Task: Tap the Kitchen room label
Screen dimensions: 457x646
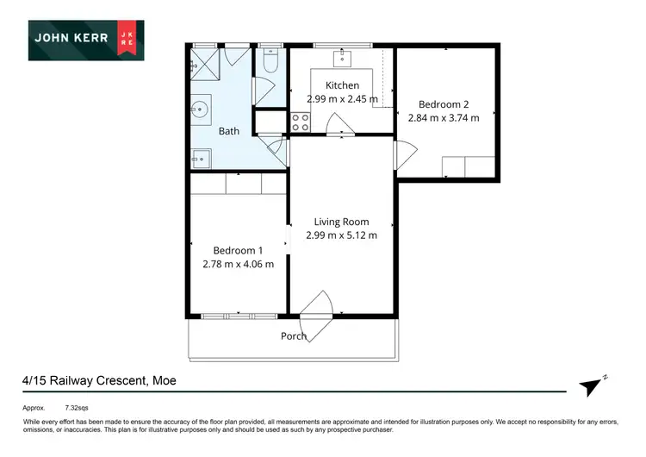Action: (x=342, y=85)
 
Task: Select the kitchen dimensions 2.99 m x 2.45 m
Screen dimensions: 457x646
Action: (x=342, y=99)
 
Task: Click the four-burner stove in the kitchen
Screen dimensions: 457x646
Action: (x=301, y=122)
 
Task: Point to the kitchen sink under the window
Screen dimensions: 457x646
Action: (x=342, y=56)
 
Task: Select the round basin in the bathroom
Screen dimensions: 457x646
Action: (x=201, y=110)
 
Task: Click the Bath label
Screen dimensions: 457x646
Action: (x=228, y=131)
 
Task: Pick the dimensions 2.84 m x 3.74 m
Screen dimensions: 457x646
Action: (x=443, y=118)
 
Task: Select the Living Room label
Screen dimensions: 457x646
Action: (x=341, y=221)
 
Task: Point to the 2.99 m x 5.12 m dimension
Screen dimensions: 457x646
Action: (x=341, y=235)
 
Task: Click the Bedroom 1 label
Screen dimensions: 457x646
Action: (x=238, y=250)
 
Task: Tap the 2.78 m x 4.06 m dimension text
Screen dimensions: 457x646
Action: (x=238, y=264)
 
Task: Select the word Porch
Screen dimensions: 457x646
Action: (x=294, y=336)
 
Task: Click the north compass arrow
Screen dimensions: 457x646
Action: (x=590, y=387)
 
